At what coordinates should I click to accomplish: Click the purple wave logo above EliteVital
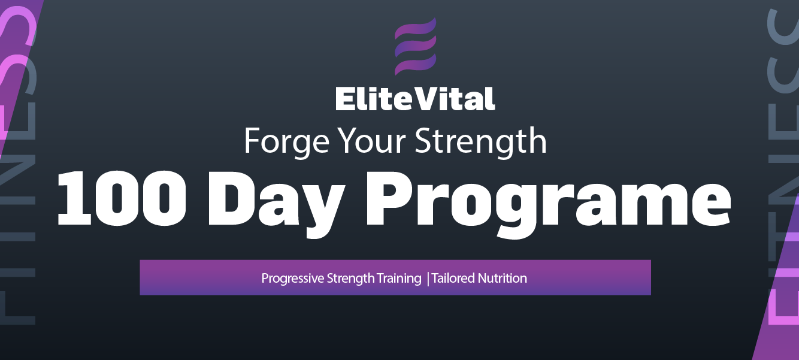[x=415, y=46]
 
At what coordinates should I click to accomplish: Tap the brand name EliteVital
[x=415, y=99]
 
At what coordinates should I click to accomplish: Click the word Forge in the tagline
[x=286, y=141]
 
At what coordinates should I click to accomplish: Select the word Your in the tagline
[x=372, y=141]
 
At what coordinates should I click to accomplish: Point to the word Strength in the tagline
[x=480, y=141]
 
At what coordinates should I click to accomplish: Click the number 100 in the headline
[x=122, y=198]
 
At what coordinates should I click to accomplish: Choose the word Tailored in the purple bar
[x=453, y=278]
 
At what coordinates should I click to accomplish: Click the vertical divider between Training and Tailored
[x=428, y=279]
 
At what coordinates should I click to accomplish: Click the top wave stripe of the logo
[x=415, y=28]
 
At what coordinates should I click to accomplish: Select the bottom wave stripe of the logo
[x=415, y=65]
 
